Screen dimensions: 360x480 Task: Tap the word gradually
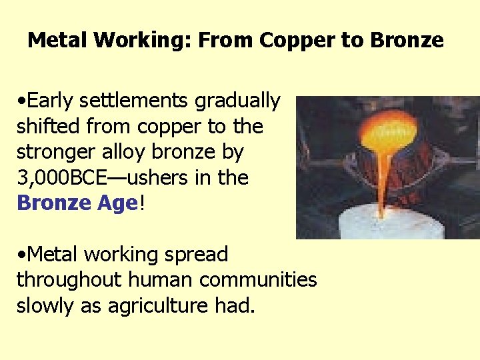(x=238, y=101)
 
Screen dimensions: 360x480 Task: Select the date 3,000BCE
(x=67, y=177)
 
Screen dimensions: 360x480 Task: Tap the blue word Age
(x=114, y=203)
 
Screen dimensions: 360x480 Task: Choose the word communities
(x=258, y=280)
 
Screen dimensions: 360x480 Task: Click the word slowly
(x=43, y=305)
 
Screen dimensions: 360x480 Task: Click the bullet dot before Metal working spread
(x=22, y=255)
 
